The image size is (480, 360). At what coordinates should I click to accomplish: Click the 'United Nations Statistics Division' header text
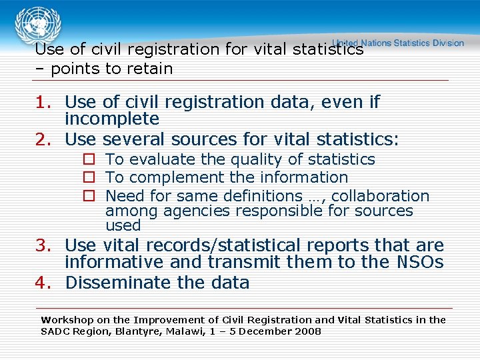point(398,43)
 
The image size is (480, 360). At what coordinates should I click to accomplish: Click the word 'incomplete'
point(112,119)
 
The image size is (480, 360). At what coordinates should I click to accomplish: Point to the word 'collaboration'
point(380,196)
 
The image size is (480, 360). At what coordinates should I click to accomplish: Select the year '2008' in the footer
point(308,331)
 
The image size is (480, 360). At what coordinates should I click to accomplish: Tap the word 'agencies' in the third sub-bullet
point(189,211)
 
